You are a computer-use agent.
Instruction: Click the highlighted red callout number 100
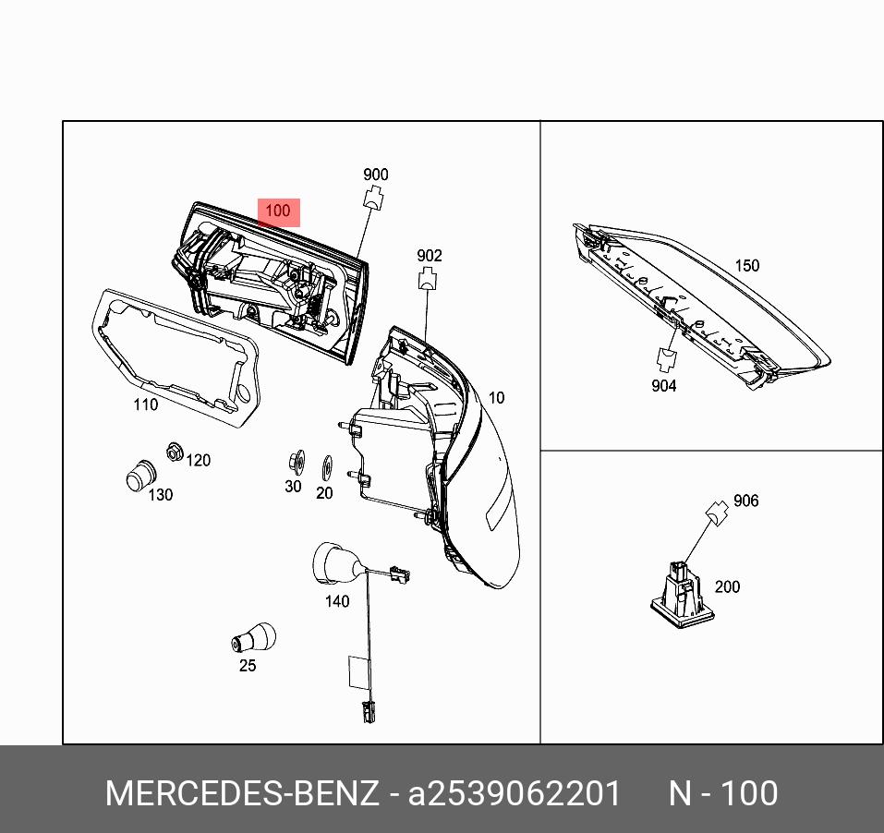277,211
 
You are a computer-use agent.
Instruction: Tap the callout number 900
375,175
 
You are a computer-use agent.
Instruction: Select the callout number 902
430,256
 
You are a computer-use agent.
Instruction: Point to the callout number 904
663,386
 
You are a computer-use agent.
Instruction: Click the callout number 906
745,501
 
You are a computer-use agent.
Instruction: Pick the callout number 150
746,266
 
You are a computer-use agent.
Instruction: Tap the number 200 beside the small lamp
727,586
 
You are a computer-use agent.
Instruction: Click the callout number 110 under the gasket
145,404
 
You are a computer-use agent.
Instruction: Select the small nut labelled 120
173,452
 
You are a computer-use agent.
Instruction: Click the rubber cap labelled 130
138,474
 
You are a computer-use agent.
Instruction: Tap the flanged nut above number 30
297,460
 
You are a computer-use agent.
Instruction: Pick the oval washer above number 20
325,466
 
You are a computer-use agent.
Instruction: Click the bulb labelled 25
253,638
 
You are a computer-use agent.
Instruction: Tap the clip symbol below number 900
374,197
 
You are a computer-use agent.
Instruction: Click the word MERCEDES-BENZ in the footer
242,793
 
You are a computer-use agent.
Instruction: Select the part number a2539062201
515,793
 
